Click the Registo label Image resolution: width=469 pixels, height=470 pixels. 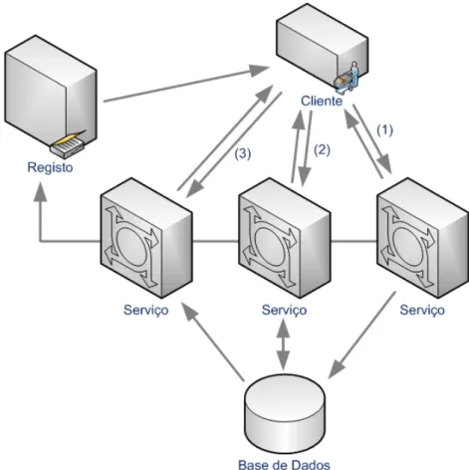(50, 167)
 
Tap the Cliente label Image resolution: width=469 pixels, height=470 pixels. (322, 101)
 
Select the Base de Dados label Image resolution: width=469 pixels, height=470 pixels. (284, 464)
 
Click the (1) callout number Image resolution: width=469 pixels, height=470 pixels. (384, 130)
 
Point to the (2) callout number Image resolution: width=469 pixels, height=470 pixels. (322, 150)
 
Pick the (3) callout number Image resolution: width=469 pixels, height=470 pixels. (243, 153)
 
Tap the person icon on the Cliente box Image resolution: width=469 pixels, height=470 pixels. (347, 78)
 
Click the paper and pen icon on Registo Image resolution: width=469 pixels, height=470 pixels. (69, 143)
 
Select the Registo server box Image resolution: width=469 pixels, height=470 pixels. (51, 95)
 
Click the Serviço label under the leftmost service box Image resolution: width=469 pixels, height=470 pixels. (146, 311)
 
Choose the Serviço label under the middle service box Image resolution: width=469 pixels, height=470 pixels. (284, 311)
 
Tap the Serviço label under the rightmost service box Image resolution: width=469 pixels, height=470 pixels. (422, 311)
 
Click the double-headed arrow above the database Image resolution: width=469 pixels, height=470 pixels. (283, 344)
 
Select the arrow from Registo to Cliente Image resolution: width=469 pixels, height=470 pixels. (186, 85)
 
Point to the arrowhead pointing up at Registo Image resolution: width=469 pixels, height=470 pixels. (40, 191)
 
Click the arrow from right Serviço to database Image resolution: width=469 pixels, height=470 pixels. (362, 335)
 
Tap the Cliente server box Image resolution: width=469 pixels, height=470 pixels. (323, 47)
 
